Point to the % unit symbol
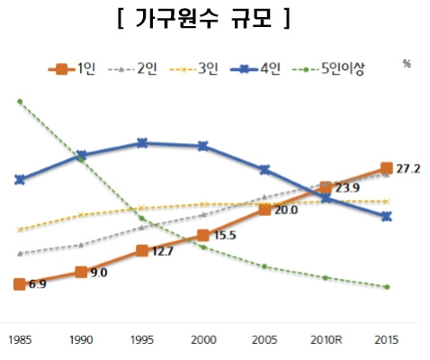(x=407, y=64)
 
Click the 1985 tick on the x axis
(x=19, y=340)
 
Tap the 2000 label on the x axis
(x=203, y=340)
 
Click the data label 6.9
(x=37, y=284)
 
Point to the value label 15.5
(x=225, y=236)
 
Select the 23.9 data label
(x=347, y=188)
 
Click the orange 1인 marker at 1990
(x=81, y=272)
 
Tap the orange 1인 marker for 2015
(x=387, y=167)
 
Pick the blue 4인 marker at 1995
(x=142, y=142)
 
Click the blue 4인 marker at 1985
(x=19, y=180)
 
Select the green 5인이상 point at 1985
(x=19, y=101)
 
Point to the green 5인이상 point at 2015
(x=387, y=287)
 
